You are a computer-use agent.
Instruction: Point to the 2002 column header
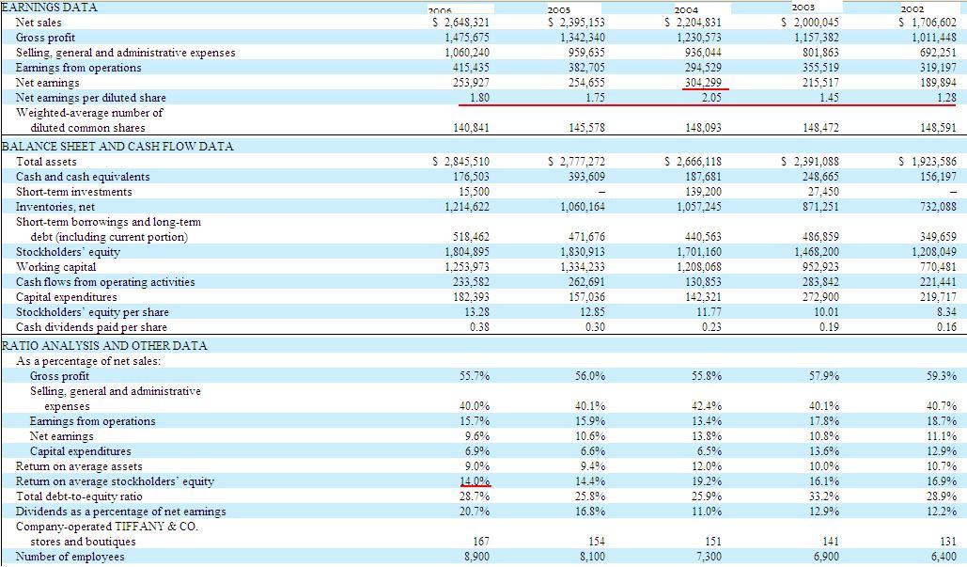(x=939, y=8)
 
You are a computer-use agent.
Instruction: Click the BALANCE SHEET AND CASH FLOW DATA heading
(x=117, y=147)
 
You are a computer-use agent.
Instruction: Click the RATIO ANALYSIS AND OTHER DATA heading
(x=103, y=345)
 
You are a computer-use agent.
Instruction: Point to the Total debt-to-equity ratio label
(x=79, y=496)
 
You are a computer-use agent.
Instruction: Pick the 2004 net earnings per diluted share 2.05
(x=711, y=98)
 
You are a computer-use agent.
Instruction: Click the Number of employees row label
(x=70, y=557)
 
